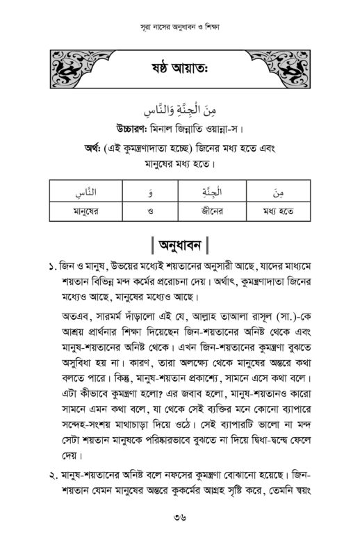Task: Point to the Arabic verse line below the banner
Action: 180,110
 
